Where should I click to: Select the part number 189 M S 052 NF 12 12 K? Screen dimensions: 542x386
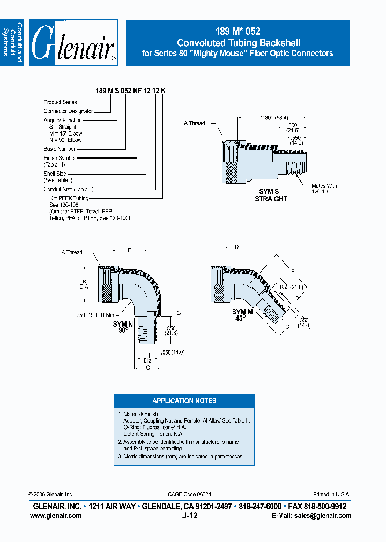[130, 92]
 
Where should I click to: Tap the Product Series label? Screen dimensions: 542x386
[60, 102]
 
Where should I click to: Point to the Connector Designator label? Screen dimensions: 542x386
[68, 111]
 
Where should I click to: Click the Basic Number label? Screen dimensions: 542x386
[60, 149]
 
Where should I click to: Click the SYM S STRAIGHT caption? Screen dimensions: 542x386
[271, 195]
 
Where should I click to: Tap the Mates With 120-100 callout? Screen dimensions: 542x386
[324, 189]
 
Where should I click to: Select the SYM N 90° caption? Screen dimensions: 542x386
[123, 327]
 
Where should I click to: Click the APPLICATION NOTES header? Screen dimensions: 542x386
[184, 401]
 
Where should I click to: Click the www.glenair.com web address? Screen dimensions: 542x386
[56, 516]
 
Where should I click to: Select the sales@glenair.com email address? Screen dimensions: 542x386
[326, 516]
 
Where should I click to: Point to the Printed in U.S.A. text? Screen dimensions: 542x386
[332, 494]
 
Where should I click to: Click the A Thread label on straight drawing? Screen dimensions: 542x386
[194, 123]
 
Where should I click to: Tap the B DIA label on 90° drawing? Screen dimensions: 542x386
[84, 284]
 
